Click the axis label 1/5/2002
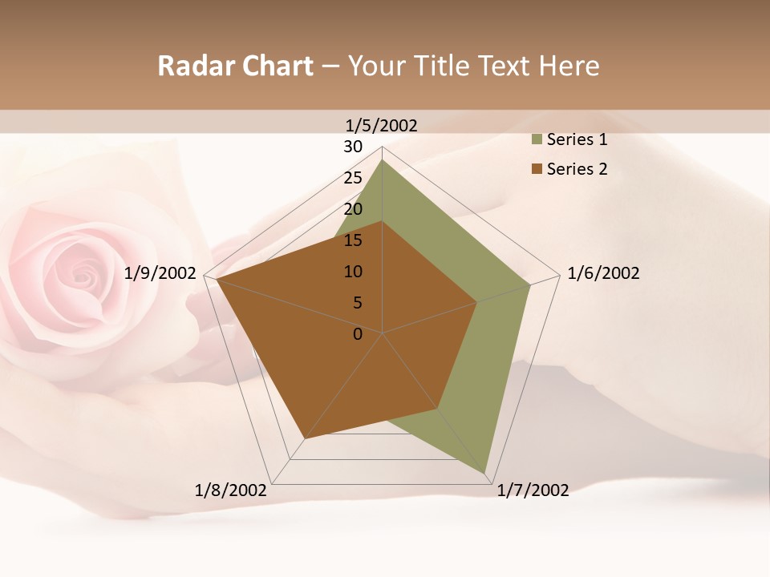pos(382,125)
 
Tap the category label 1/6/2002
pos(603,273)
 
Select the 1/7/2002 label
pos(533,490)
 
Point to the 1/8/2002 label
pos(231,490)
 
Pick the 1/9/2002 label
pos(160,273)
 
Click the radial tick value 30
pos(353,147)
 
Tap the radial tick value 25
pos(353,178)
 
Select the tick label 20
pos(353,209)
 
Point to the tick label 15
pos(353,240)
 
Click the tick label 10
pos(353,272)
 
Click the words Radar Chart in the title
pos(235,67)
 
